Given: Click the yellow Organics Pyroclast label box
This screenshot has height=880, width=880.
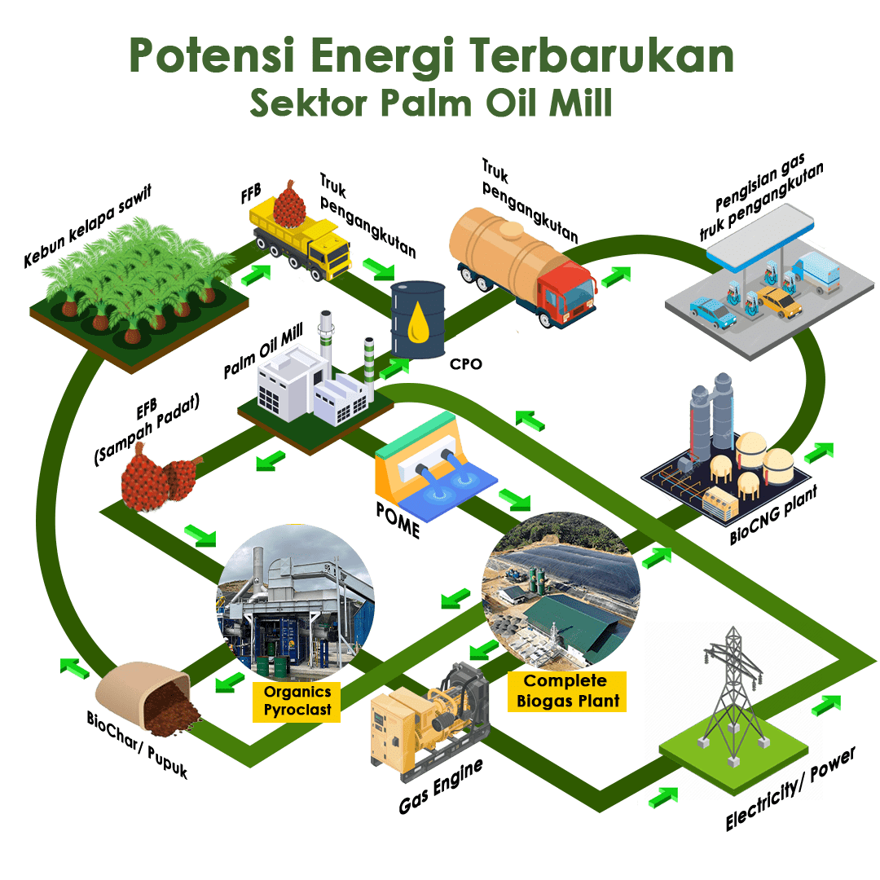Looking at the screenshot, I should pyautogui.click(x=297, y=701).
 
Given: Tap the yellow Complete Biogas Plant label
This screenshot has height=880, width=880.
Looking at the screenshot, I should pyautogui.click(x=565, y=690).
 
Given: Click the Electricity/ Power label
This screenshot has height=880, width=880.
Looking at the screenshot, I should pyautogui.click(x=791, y=787).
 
